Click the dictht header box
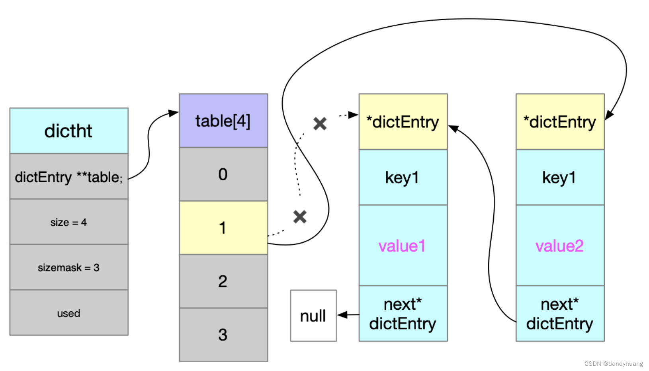pyautogui.click(x=68, y=131)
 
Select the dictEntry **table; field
pyautogui.click(x=68, y=177)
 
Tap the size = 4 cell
pyautogui.click(x=68, y=222)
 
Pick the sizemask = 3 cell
pyautogui.click(x=68, y=268)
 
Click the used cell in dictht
pyautogui.click(x=68, y=313)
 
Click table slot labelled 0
pyautogui.click(x=223, y=174)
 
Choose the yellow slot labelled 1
pyautogui.click(x=223, y=228)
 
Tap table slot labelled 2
pyautogui.click(x=223, y=281)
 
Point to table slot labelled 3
pyautogui.click(x=223, y=334)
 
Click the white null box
pyautogui.click(x=313, y=316)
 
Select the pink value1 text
pyautogui.click(x=402, y=246)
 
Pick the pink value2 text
pyautogui.click(x=559, y=246)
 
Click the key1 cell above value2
pyautogui.click(x=559, y=178)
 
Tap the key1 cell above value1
pyautogui.click(x=403, y=178)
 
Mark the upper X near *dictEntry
pyautogui.click(x=320, y=124)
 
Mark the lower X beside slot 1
pyautogui.click(x=300, y=217)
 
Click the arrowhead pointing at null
pyautogui.click(x=342, y=315)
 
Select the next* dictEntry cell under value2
pyautogui.click(x=560, y=314)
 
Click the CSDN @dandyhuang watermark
pyautogui.click(x=614, y=363)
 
